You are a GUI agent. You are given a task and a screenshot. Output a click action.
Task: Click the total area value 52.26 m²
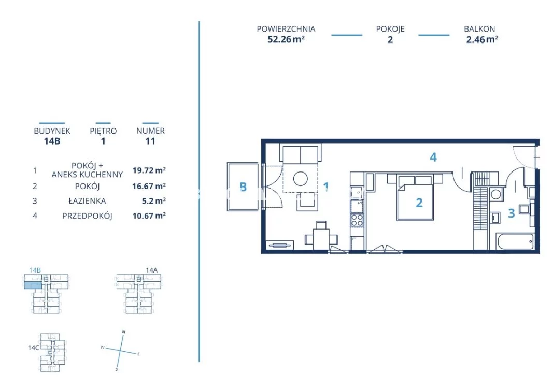point(286,39)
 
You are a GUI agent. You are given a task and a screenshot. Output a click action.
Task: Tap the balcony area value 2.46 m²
point(482,39)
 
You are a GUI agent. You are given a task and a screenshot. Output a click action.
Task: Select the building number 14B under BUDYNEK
point(52,141)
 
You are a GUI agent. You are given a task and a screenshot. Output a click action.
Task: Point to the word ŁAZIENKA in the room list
point(87,201)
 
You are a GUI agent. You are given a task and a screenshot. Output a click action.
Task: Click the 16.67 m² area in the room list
point(149,186)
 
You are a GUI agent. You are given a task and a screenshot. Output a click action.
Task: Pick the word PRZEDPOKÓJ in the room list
point(87,216)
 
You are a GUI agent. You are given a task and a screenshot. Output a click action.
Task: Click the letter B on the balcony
point(243,187)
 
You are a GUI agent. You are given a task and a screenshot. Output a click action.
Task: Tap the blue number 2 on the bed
point(419,203)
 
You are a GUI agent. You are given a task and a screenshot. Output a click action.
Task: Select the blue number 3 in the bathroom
point(512,213)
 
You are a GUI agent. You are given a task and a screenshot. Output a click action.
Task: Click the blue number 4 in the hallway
point(433,157)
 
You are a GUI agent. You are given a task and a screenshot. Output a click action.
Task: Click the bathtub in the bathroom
point(515,241)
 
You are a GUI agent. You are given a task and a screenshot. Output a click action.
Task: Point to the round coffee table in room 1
point(301,178)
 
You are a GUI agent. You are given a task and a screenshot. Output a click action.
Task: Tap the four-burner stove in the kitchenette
point(357,220)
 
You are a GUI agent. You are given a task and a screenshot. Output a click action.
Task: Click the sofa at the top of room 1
point(301,153)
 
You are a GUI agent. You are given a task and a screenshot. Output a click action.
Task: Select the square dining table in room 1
point(321,239)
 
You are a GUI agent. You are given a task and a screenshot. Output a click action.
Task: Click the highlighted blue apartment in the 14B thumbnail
point(33,285)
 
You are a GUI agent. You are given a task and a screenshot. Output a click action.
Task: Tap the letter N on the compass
point(123,332)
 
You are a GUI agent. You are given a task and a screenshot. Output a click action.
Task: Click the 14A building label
point(152,270)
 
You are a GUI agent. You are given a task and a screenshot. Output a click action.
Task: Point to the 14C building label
point(34,348)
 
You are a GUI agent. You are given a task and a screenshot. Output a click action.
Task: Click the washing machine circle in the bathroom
point(496,194)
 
